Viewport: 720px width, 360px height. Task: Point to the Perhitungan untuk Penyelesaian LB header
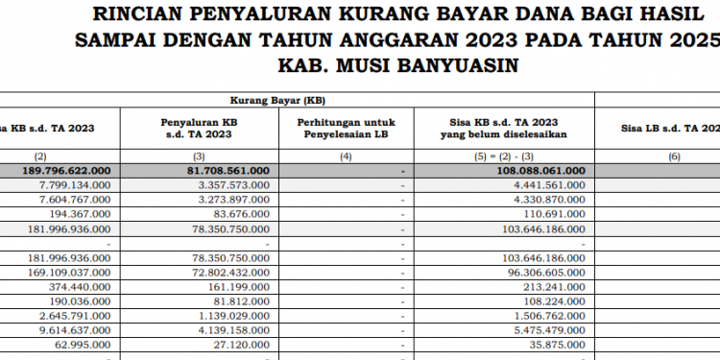pos(345,129)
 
